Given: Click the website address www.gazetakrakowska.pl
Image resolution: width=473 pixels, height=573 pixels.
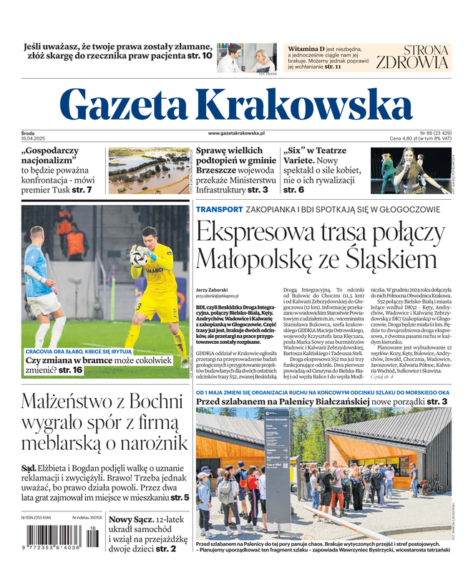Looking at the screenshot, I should coord(237,133).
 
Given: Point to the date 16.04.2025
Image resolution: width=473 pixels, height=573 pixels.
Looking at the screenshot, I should coord(33,139).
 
